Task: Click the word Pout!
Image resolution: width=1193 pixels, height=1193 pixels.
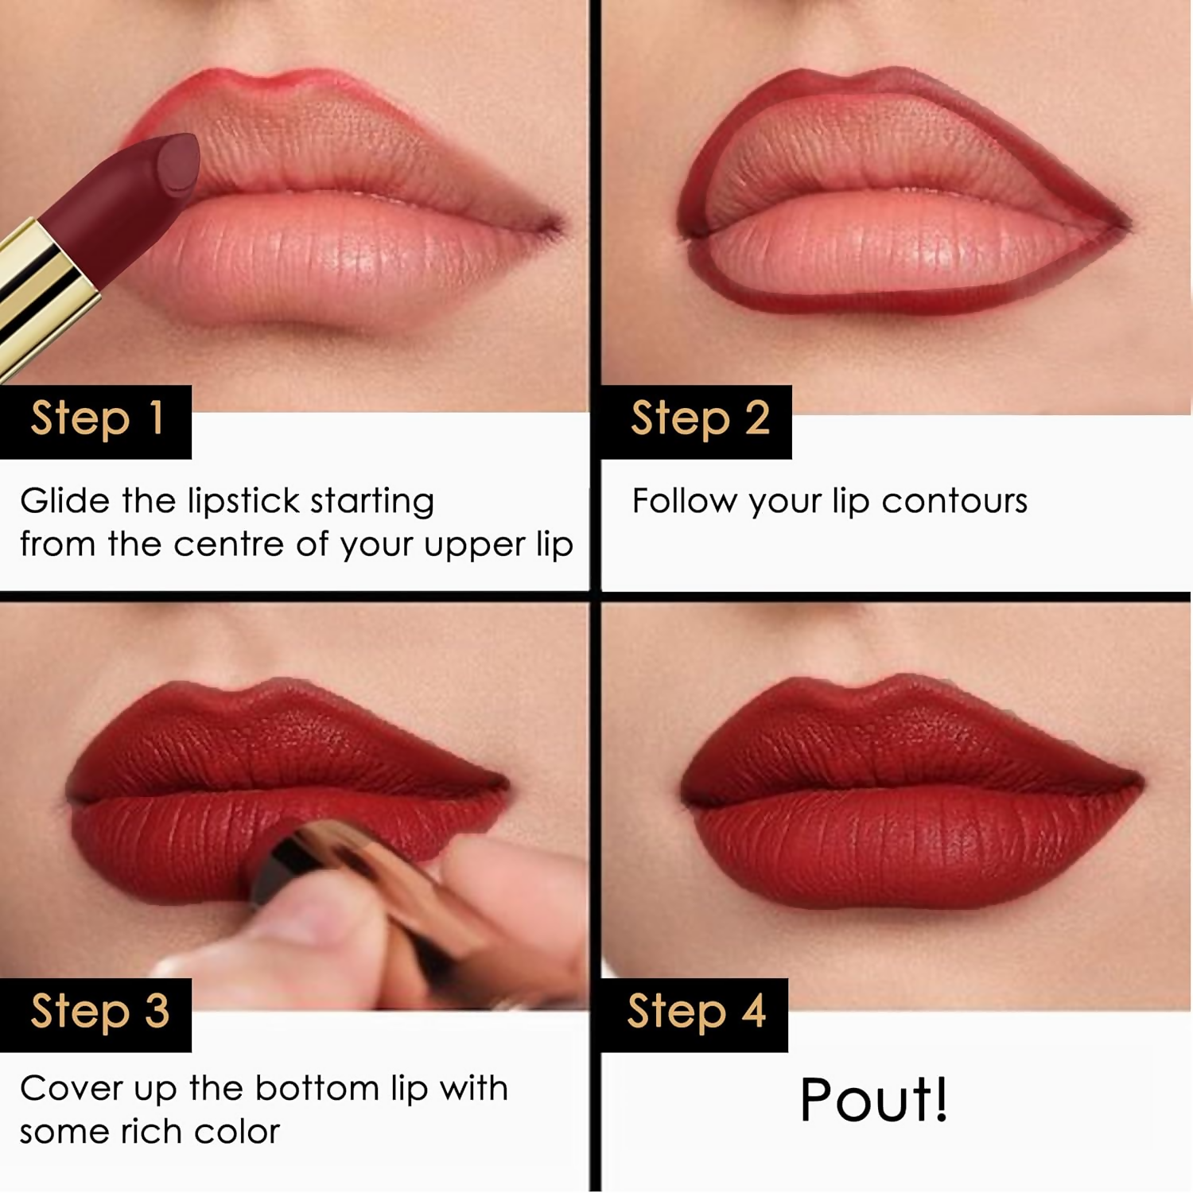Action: (x=873, y=1100)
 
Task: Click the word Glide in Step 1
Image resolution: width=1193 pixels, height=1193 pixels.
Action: (x=64, y=501)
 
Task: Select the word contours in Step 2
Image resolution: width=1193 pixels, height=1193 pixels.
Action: (x=954, y=501)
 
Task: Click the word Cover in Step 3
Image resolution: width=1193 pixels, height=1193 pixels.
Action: (x=69, y=1088)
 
